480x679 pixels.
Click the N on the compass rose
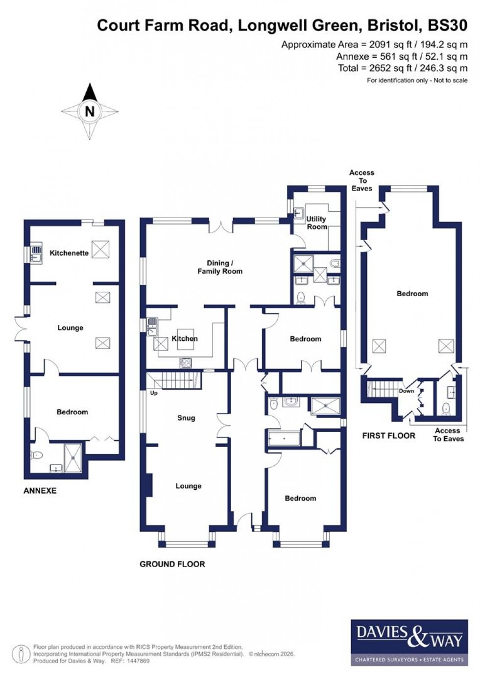89,111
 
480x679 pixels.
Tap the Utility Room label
316,223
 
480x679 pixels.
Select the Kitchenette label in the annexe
69,253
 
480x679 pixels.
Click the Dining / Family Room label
219,267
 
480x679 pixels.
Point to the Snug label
186,418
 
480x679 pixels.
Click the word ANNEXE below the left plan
40,490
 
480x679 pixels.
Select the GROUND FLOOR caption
172,564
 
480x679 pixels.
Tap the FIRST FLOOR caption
388,435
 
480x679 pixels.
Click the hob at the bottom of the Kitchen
186,363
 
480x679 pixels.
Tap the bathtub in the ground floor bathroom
284,438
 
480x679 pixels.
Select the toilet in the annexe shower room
37,455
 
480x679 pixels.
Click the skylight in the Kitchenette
100,249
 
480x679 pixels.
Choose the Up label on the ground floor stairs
154,393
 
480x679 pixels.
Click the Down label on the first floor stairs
406,391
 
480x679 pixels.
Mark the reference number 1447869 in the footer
138,661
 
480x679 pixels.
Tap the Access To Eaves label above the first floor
361,180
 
